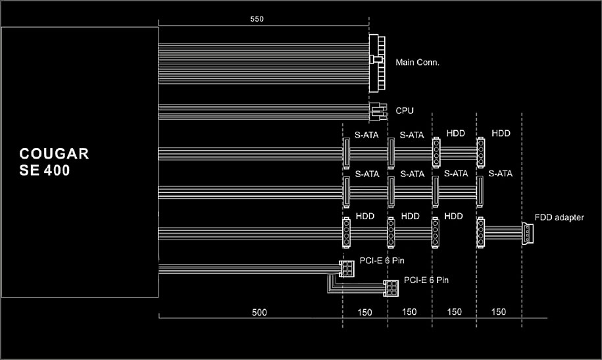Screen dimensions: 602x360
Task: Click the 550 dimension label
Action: point(257,19)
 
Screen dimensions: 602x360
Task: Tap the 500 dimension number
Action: point(259,313)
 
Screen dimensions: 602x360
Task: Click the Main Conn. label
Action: point(417,63)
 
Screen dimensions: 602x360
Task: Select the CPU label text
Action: point(405,111)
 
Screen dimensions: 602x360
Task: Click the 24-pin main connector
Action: point(377,63)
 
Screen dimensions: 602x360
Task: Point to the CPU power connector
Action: point(378,111)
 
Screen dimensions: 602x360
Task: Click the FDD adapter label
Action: point(559,217)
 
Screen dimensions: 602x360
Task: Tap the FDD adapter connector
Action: point(528,233)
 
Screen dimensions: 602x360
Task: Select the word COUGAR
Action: point(54,154)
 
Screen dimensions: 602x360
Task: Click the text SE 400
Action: point(45,170)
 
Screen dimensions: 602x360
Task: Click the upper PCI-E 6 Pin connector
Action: point(346,269)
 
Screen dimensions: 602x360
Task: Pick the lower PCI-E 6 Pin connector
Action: point(391,288)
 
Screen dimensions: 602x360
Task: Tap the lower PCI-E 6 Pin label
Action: point(426,280)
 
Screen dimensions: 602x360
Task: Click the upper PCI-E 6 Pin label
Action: point(382,261)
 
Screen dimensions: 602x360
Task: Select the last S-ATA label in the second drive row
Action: point(500,174)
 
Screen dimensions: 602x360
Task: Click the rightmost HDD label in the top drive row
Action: point(501,134)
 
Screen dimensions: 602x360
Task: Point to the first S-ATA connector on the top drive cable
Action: point(346,153)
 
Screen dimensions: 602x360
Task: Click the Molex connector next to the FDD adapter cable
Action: point(480,232)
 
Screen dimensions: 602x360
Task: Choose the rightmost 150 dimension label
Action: point(498,312)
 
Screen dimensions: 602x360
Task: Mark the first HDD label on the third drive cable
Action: point(364,217)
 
